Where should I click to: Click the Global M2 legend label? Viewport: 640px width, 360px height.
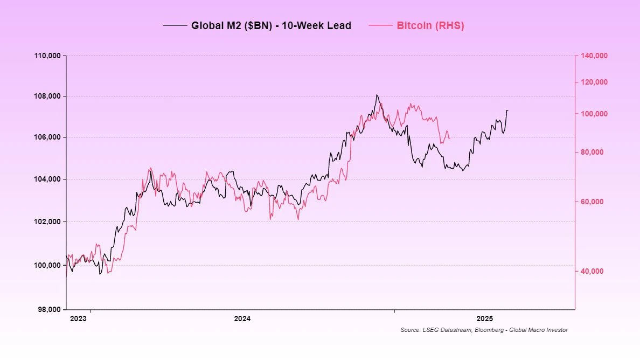271,25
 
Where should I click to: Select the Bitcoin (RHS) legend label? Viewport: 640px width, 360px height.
430,25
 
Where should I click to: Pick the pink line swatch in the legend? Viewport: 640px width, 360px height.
381,25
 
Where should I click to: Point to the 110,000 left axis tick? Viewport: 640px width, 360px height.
47,56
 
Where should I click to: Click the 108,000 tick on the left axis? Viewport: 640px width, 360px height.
47,96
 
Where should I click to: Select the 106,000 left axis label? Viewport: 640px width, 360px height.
47,137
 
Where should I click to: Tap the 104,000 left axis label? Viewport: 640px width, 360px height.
47,179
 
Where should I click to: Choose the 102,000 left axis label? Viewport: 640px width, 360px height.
47,221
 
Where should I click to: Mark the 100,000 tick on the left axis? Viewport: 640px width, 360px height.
47,265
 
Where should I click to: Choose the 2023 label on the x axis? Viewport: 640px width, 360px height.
78,319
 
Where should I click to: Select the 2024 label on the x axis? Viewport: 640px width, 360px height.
242,319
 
